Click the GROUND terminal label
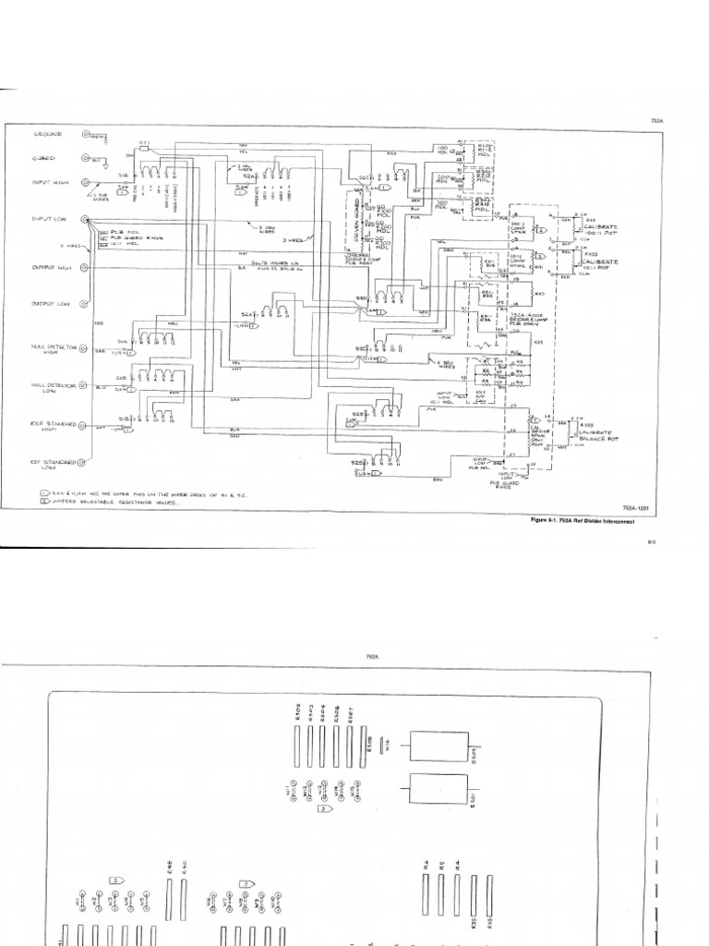coord(48,134)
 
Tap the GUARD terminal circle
coord(84,159)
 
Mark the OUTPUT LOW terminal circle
coord(84,304)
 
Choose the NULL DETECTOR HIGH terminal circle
coord(84,349)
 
